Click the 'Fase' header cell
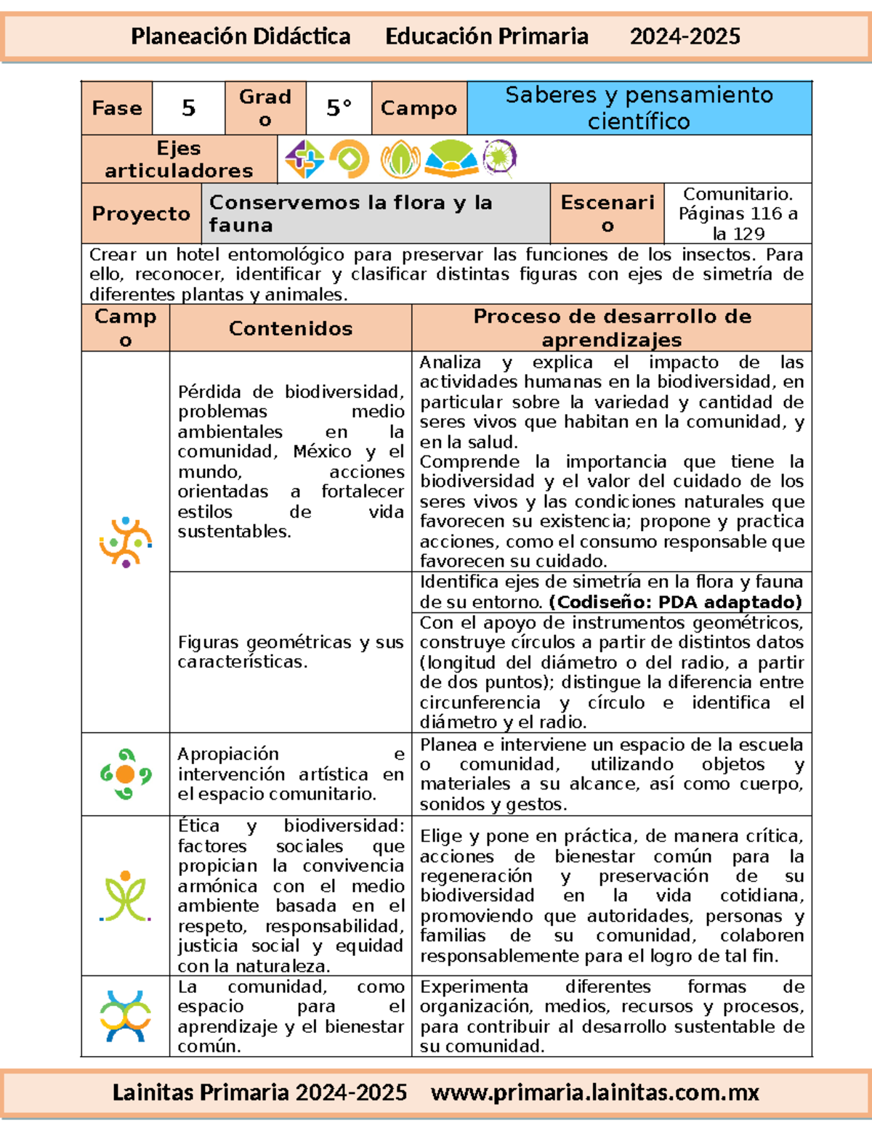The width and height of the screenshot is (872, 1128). point(116,108)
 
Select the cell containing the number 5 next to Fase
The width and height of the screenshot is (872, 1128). point(188,108)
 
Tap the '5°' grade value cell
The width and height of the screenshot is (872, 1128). point(339,108)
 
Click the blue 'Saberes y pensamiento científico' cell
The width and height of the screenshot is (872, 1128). point(639,108)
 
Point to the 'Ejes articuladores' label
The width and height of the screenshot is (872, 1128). point(179,159)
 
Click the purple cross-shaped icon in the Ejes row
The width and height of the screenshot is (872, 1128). point(304,159)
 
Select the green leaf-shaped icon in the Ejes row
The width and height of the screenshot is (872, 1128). point(400,159)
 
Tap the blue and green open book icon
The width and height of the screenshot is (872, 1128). point(451,159)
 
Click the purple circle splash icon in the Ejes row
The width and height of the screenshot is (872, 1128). point(499,158)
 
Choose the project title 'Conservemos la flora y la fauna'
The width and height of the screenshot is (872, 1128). point(350,214)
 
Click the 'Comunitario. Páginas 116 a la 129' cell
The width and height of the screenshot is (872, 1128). point(738,214)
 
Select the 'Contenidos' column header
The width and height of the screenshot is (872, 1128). point(291,328)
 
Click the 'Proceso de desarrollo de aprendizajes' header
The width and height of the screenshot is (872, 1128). point(612,328)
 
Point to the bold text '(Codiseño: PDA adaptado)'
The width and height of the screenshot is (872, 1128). point(676,602)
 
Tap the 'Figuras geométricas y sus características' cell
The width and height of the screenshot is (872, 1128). point(290,652)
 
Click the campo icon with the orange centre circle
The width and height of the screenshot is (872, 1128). point(126,774)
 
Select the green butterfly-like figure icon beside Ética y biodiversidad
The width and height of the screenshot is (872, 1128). point(126,896)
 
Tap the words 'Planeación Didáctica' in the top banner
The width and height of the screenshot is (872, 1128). point(241,36)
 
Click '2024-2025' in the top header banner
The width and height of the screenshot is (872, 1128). point(685,36)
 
